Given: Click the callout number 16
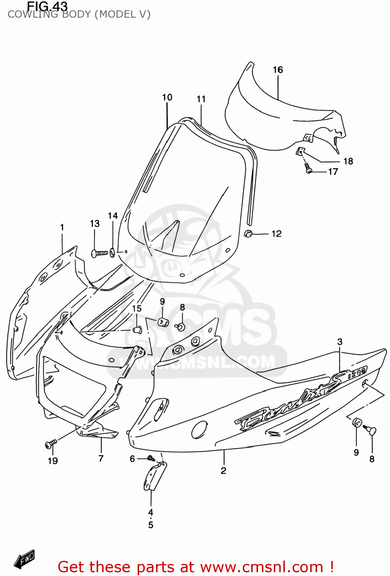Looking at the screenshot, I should click(278, 70).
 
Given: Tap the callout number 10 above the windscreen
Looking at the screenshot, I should click(167, 98).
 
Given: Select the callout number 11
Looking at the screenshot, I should click(201, 99).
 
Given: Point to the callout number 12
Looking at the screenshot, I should click(276, 233).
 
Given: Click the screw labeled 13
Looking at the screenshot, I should click(100, 253).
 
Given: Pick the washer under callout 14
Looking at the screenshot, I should click(112, 252).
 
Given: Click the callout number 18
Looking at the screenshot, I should click(348, 161).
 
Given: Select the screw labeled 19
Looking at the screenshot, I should click(51, 444).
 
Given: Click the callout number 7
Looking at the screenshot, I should click(101, 458).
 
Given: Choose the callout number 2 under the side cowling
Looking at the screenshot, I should click(224, 470).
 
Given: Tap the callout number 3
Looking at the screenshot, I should click(340, 342).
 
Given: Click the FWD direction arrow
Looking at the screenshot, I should click(25, 559).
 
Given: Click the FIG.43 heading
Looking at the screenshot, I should click(47, 6).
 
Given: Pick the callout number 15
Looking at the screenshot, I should click(137, 309).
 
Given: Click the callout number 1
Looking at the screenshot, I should click(62, 227).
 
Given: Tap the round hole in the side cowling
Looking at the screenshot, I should click(199, 429).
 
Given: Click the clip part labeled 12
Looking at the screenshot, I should click(248, 233).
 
